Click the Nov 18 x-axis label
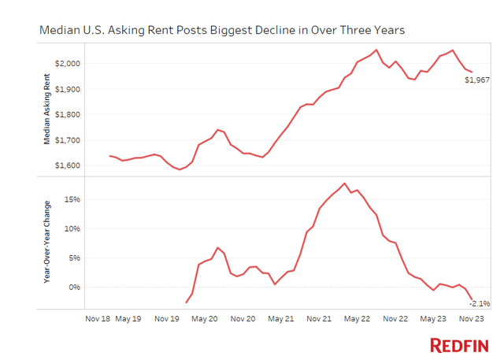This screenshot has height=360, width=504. tap(97, 319)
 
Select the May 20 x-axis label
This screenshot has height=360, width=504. tap(204, 319)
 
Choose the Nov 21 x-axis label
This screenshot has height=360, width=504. tap(319, 319)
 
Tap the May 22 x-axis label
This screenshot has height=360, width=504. tap(356, 319)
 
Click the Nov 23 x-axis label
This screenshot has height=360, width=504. tap(470, 319)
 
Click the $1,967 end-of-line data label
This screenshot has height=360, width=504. tap(477, 80)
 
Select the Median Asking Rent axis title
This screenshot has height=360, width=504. tap(49, 108)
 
